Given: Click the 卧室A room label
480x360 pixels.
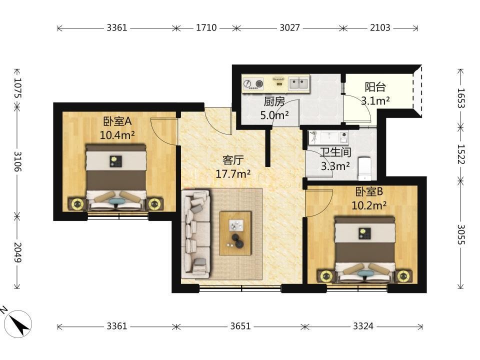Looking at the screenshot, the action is click(x=117, y=121).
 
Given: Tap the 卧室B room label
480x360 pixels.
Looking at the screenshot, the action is click(x=369, y=192).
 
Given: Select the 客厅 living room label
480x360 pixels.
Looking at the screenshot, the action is click(x=233, y=160).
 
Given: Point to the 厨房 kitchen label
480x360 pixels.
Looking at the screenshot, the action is click(x=274, y=101).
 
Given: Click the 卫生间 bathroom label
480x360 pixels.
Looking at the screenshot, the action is click(x=335, y=152).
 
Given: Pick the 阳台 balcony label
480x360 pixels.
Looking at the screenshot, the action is click(x=375, y=87).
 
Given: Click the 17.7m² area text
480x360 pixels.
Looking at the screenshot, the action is click(x=233, y=174).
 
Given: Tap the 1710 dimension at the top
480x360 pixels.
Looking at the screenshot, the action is click(x=206, y=28).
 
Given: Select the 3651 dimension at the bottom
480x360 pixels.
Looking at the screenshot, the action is click(x=240, y=326).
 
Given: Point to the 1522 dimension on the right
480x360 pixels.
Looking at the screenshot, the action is click(x=460, y=154).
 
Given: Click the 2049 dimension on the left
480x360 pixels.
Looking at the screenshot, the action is click(x=17, y=252).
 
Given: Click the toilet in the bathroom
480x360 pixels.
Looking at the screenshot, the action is click(x=364, y=168).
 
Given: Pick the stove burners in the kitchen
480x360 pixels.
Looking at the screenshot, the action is click(x=253, y=83).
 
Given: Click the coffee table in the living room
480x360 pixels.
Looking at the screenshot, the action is click(x=235, y=233).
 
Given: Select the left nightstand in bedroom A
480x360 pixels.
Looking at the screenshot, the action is click(x=77, y=203).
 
